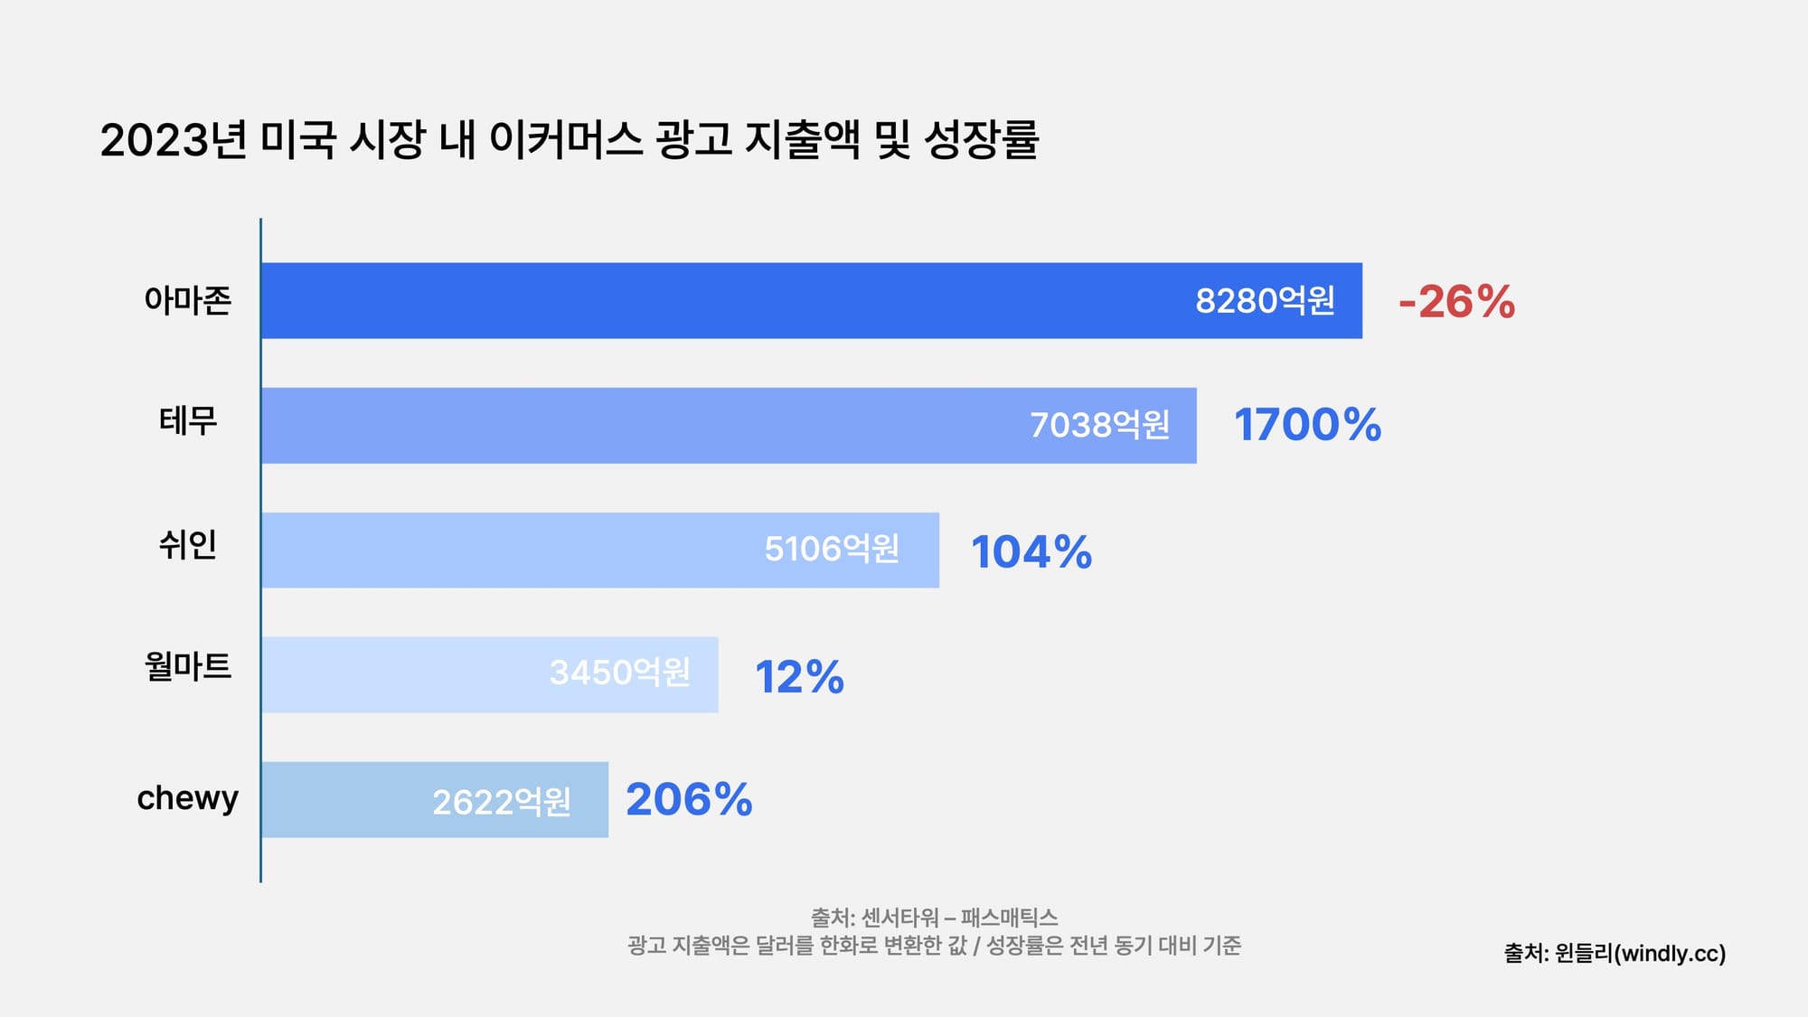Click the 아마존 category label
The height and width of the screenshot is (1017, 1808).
(188, 300)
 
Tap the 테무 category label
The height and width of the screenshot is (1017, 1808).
(188, 421)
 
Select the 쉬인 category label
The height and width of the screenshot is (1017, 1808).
(188, 545)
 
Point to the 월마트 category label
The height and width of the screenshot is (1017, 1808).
(188, 667)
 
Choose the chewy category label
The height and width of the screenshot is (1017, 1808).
(188, 798)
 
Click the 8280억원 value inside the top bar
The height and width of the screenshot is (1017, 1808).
(1265, 301)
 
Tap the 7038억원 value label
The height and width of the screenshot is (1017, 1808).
(1099, 425)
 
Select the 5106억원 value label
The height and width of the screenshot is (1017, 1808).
(832, 549)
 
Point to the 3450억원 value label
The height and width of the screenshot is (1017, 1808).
(620, 673)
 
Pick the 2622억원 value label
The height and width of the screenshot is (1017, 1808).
(502, 802)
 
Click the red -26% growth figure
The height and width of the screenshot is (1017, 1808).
(1456, 302)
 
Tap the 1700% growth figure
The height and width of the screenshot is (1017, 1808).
(1307, 425)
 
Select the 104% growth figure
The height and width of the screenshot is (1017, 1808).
(1031, 552)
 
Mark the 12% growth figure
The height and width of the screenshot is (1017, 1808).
(799, 677)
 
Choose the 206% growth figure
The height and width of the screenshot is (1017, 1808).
(689, 800)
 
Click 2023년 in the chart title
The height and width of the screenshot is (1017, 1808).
(173, 140)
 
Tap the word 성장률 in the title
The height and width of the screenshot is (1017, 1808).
(981, 140)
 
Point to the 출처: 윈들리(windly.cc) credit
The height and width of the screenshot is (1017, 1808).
(1615, 953)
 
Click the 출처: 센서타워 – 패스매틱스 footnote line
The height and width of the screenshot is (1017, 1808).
(934, 918)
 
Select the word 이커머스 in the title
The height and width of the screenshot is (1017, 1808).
(566, 140)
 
